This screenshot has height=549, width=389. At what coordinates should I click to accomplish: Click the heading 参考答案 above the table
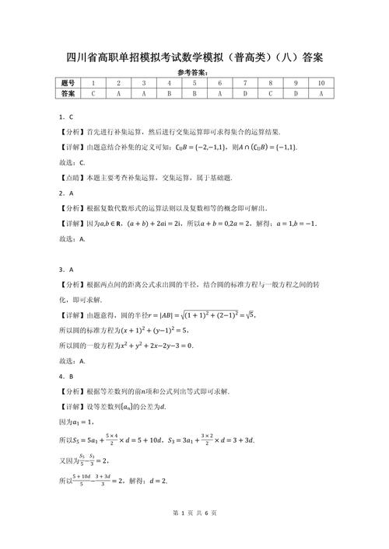pos(194,72)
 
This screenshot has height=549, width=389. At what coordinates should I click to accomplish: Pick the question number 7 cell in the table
pos(245,83)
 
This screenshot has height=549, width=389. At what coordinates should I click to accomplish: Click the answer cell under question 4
pos(169,93)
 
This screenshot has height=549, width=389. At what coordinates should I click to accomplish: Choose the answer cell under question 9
pos(296,93)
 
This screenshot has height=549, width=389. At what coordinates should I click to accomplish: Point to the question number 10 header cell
pos(321,83)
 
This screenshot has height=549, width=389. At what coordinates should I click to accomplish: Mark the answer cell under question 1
pos(93,93)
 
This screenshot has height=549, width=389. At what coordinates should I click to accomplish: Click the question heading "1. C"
pos(66,116)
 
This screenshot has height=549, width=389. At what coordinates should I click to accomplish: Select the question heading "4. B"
pos(66,376)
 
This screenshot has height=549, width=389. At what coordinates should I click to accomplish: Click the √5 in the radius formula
pos(248,314)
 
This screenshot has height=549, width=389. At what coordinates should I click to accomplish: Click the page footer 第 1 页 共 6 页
pos(194,535)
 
